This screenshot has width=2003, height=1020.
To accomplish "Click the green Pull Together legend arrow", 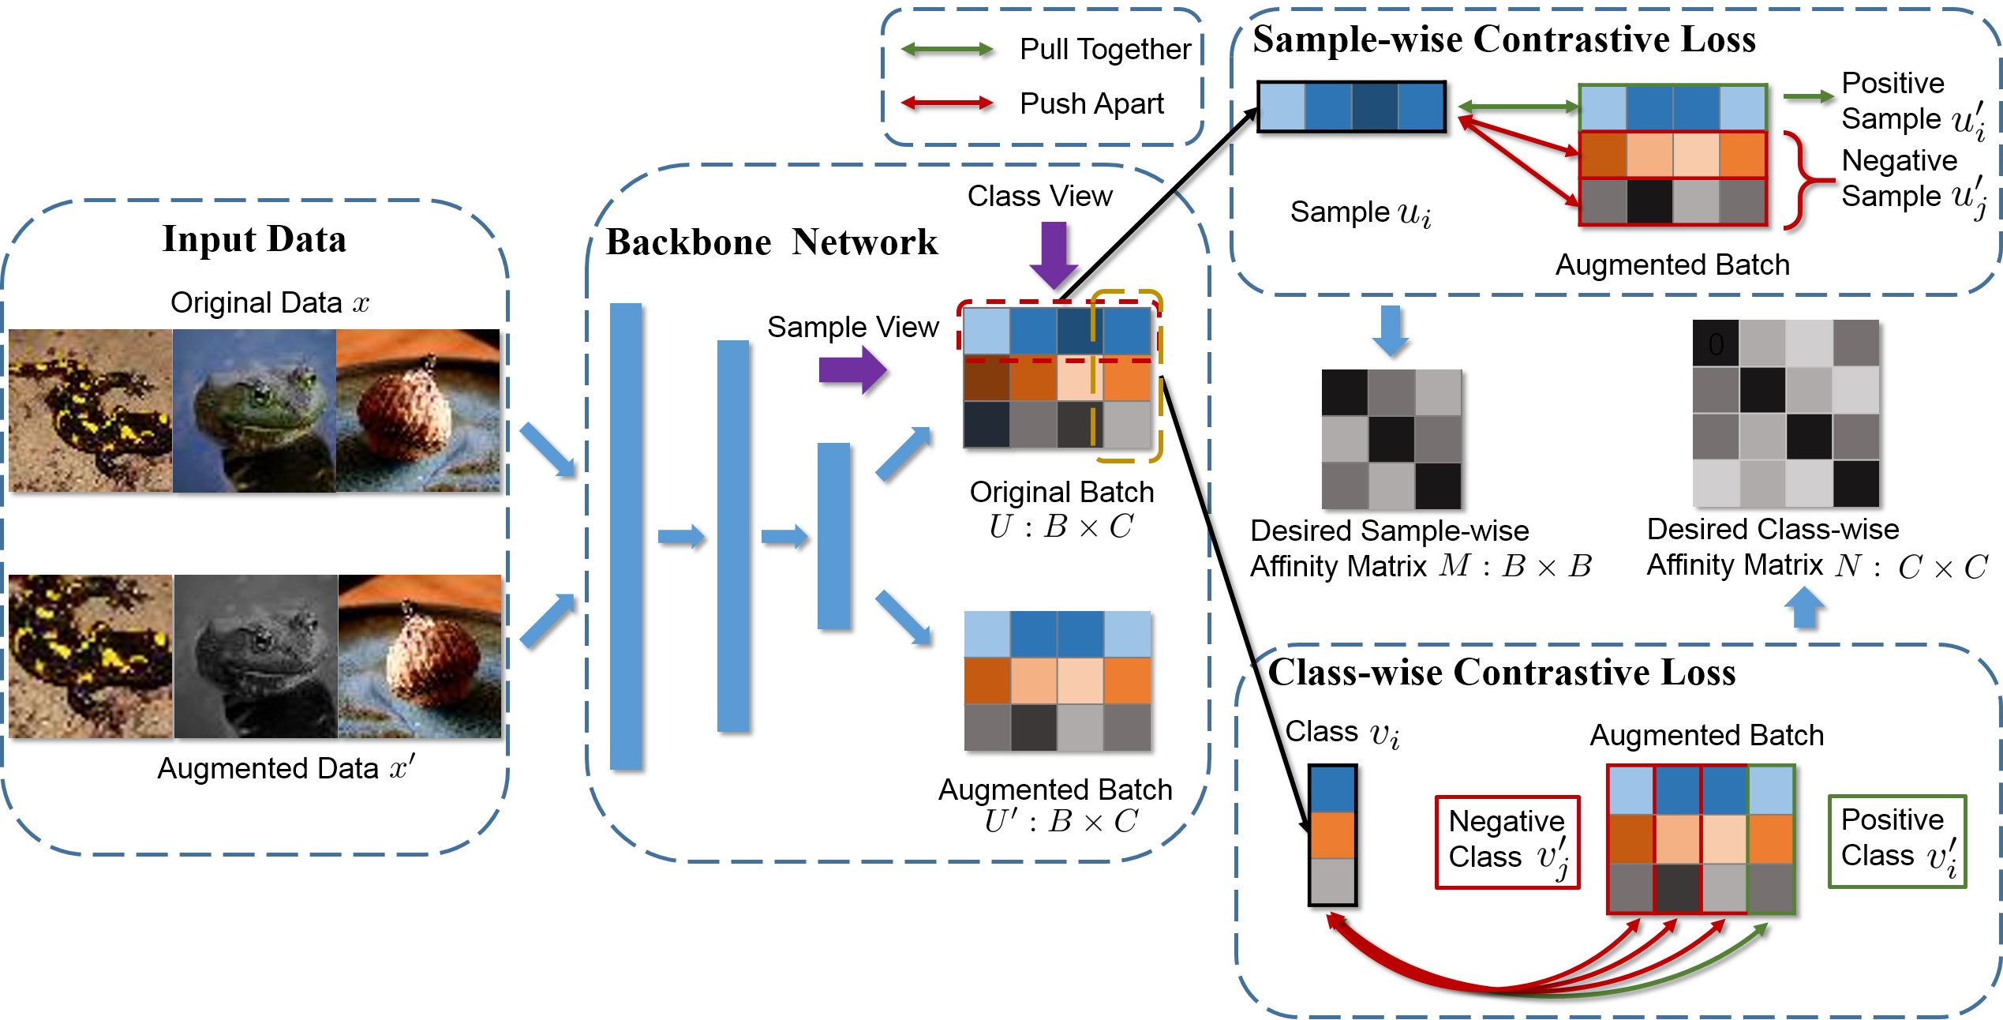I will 947,50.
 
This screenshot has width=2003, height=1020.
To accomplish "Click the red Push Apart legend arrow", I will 947,103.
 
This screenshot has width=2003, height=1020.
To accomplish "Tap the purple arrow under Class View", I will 1054,254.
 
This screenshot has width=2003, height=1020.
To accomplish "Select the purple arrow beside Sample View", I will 852,369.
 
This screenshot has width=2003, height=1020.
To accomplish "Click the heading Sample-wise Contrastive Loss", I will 1503,39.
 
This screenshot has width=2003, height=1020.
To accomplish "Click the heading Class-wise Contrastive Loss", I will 1501,673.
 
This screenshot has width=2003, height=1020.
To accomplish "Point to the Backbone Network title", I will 771,242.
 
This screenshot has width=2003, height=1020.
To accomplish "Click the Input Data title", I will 254,239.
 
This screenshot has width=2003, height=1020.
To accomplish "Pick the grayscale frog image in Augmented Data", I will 256,657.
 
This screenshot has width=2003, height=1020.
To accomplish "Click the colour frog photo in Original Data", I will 254,411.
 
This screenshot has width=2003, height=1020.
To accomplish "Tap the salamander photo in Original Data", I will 90,411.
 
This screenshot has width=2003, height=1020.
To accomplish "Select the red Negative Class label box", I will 1507,842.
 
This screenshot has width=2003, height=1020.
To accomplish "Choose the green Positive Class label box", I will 1896,842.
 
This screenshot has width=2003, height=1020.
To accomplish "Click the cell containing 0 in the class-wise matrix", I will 1716,343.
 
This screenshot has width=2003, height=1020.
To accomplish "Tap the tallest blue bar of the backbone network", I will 626,536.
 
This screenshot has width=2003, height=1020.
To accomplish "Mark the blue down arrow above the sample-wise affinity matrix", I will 1390,331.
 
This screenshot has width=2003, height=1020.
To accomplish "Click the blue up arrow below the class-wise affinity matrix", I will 1804,609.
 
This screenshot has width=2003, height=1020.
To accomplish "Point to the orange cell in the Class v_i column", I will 1332,834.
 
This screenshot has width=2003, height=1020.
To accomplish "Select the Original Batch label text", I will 1061,492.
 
